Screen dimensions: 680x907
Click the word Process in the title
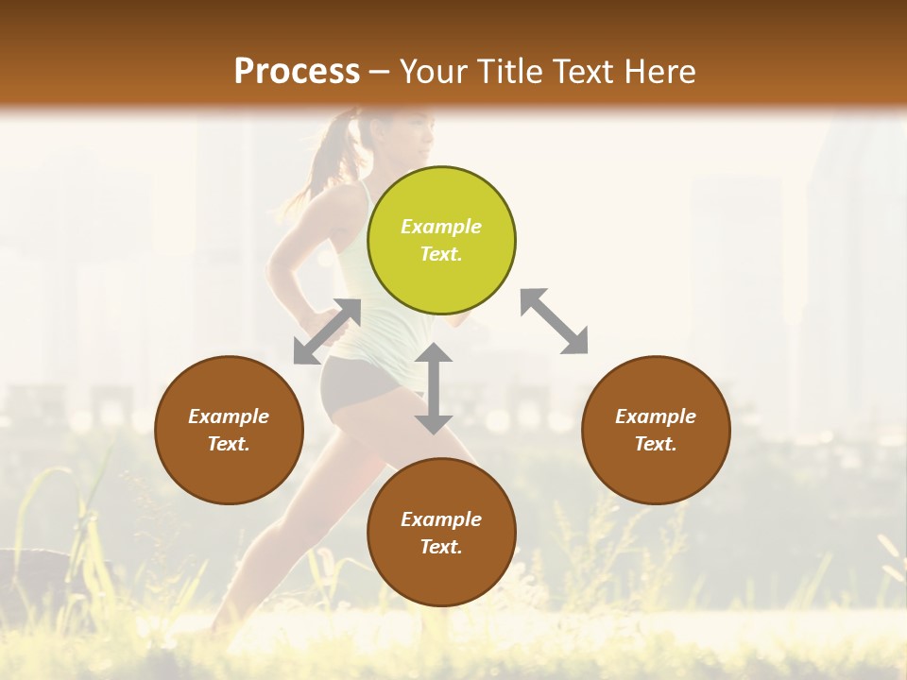[x=297, y=72]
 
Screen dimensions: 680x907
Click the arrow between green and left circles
[x=327, y=331]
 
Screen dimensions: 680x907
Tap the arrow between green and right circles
[x=554, y=321]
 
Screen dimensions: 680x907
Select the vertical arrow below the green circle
[x=434, y=388]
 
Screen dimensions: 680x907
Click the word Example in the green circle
[x=440, y=227]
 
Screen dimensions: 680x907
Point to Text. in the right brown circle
[x=655, y=444]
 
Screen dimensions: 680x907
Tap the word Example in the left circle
[x=229, y=416]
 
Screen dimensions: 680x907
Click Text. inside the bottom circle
[x=440, y=547]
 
